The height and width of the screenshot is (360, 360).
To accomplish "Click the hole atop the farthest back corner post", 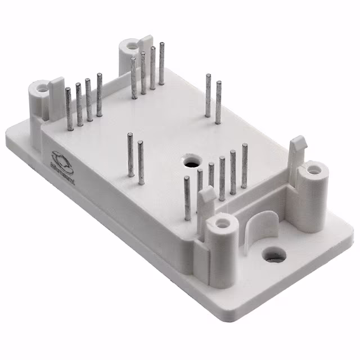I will click(x=131, y=44).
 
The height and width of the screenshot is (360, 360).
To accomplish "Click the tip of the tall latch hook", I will click(x=298, y=140).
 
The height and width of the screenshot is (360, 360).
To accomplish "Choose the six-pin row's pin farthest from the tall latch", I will click(x=187, y=197).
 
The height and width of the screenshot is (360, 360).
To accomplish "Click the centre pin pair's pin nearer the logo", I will click(x=130, y=154).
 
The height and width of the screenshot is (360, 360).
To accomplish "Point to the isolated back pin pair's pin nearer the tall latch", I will click(x=218, y=102).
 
